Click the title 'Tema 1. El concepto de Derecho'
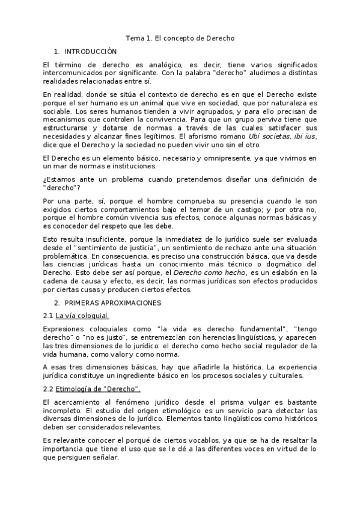[x=180, y=38]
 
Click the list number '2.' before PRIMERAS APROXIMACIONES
[x=56, y=303]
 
